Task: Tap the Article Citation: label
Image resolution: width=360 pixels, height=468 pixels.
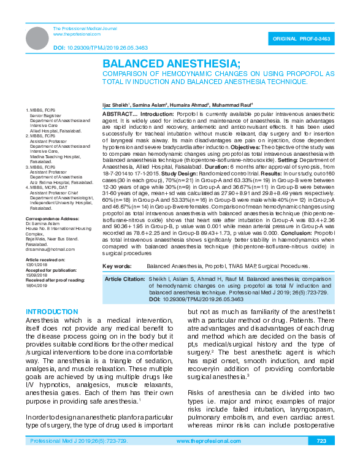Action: (125, 279)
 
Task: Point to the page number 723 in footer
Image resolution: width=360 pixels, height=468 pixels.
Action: (321, 458)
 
